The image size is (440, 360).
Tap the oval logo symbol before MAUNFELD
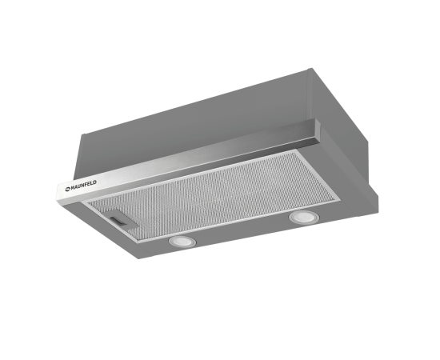tap(68, 189)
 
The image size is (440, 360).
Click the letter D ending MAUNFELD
tap(95, 182)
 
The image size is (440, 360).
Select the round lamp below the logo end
tap(182, 242)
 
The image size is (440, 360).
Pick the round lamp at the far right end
tap(305, 217)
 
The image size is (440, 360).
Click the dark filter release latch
tap(120, 220)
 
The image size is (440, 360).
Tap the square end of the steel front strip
tap(319, 131)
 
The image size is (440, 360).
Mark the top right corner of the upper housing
tap(310, 69)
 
